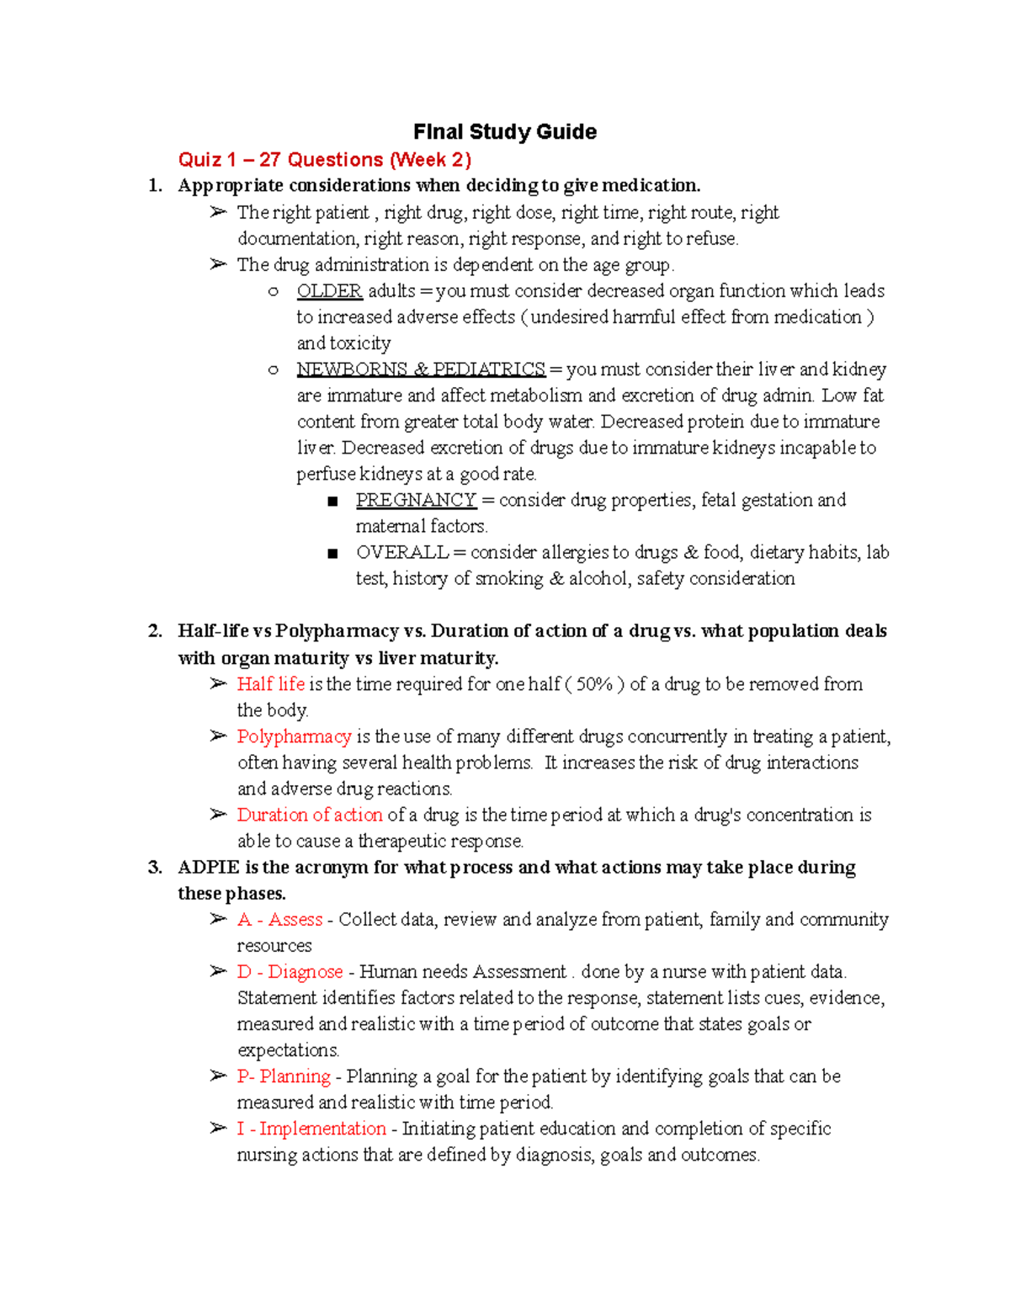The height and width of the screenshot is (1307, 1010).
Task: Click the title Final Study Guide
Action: pyautogui.click(x=504, y=132)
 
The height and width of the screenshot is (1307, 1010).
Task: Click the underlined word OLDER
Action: pyautogui.click(x=329, y=291)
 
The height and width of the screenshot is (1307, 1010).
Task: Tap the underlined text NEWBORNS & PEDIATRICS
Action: pyautogui.click(x=421, y=369)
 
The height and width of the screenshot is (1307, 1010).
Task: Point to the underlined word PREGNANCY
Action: pyautogui.click(x=416, y=500)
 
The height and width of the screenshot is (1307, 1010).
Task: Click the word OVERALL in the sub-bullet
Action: pyautogui.click(x=401, y=552)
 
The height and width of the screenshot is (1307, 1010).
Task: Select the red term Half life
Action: pyautogui.click(x=270, y=684)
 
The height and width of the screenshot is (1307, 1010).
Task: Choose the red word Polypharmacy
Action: pyautogui.click(x=294, y=736)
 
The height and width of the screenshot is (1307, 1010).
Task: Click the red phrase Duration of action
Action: pyautogui.click(x=309, y=815)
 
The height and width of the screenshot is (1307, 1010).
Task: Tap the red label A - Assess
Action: pyautogui.click(x=279, y=919)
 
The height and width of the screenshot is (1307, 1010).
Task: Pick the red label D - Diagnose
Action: pyautogui.click(x=290, y=971)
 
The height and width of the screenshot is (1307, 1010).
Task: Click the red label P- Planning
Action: pyautogui.click(x=284, y=1076)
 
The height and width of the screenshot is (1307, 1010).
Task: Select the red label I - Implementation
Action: pyautogui.click(x=311, y=1129)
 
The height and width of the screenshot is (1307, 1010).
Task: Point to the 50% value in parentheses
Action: pyautogui.click(x=594, y=684)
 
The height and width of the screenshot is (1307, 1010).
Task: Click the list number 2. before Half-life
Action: pyautogui.click(x=155, y=631)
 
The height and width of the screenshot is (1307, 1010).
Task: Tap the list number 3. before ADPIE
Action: pyautogui.click(x=155, y=868)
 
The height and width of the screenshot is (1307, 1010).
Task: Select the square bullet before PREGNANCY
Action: pyautogui.click(x=332, y=502)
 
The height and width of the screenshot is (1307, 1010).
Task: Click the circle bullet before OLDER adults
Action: pyautogui.click(x=273, y=292)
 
